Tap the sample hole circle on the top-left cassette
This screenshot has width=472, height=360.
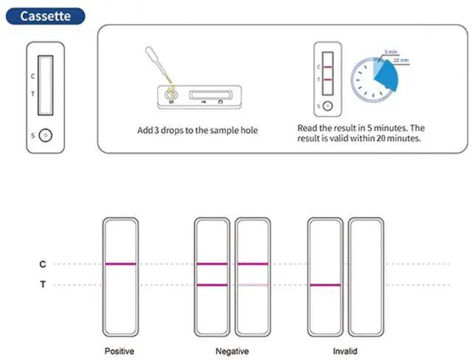(46, 136)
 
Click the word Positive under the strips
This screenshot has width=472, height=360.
(119, 351)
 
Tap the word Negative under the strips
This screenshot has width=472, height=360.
(232, 351)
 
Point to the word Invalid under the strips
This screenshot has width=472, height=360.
(346, 351)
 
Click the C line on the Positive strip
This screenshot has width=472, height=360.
(120, 264)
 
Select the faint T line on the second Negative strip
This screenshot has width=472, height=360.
(252, 285)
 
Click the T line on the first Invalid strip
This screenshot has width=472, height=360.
(325, 285)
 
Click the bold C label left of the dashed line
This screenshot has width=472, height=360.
(43, 264)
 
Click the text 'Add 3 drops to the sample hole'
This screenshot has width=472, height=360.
(198, 131)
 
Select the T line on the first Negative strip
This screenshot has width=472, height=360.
(212, 285)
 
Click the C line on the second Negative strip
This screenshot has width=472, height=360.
(252, 264)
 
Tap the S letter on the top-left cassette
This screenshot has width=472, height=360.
(31, 136)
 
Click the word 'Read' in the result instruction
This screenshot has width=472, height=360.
(308, 128)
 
